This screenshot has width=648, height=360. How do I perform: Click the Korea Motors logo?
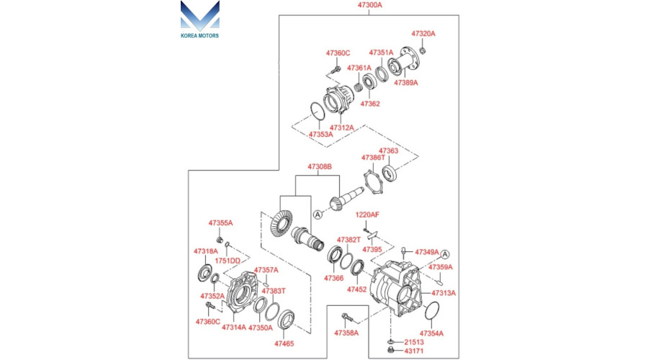pos(200,19)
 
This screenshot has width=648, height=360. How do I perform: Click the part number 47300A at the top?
pos(370,5)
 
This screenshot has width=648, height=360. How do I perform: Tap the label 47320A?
pos(423,34)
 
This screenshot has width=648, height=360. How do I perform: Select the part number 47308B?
pos(320,167)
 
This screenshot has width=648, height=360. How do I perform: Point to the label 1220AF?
pos(367,215)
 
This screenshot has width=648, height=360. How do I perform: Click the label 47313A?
pos(444,293)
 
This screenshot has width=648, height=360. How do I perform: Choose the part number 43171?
pos(414,351)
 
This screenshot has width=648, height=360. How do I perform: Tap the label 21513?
pos(414,342)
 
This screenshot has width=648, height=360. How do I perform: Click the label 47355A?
pos(220,223)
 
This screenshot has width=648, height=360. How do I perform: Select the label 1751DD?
pos(228,261)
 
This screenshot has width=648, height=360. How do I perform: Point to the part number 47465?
pos(284,344)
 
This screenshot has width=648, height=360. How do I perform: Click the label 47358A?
pos(346,333)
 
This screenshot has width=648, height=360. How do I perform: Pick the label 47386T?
pos(373,158)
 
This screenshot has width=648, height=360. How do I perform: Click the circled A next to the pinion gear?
pos(318,215)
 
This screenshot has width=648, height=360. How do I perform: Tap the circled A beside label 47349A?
pos(445,254)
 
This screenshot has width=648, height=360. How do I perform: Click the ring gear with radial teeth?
pos(281,223)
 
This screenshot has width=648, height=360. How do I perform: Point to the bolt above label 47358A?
pos(346,318)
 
